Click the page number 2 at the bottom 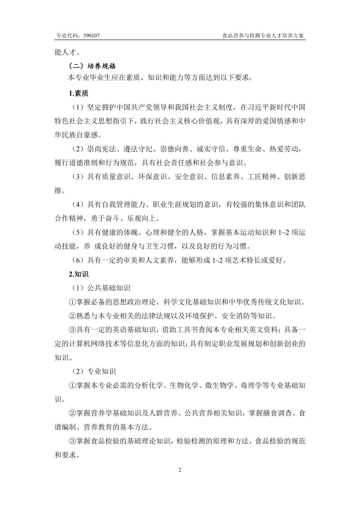[x=180, y=470]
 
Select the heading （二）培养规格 [x=92, y=66]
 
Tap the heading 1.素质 [x=78, y=94]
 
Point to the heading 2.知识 [x=78, y=274]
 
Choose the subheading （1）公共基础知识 [x=101, y=288]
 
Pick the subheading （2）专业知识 [x=94, y=371]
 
